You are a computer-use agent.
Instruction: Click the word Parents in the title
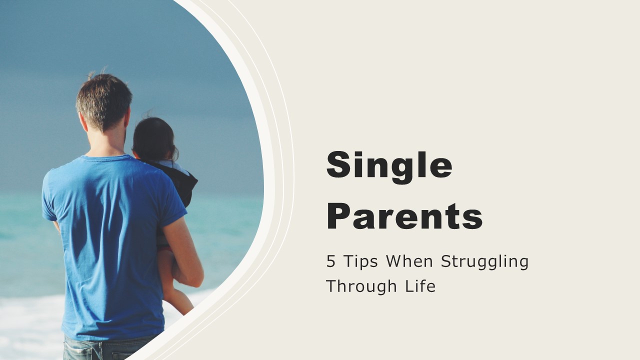pyautogui.click(x=404, y=216)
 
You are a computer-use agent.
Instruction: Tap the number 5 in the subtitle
pyautogui.click(x=330, y=261)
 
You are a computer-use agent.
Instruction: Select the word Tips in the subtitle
pyautogui.click(x=360, y=262)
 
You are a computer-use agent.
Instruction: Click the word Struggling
pyautogui.click(x=484, y=262)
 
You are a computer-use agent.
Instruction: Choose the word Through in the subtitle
pyautogui.click(x=361, y=287)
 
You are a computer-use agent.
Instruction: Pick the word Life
pyautogui.click(x=420, y=285)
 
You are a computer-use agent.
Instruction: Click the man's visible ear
pyautogui.click(x=83, y=121)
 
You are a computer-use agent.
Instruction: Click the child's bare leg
pyautogui.click(x=175, y=285)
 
